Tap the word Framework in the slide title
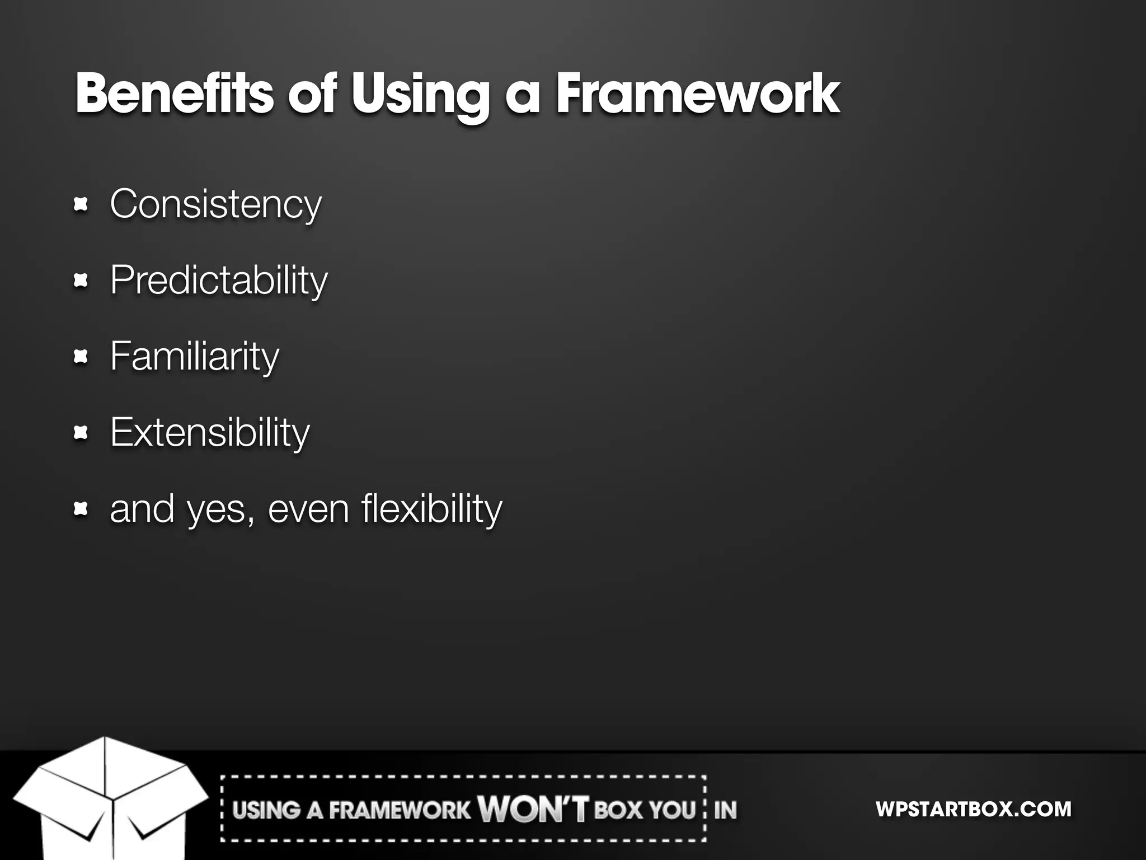697,94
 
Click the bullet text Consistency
216,205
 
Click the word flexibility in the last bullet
431,509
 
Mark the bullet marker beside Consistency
81,205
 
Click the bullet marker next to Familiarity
81,357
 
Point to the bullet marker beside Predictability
81,281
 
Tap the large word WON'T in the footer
533,809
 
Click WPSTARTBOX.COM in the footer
973,809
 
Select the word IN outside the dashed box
725,810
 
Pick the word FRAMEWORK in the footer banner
400,810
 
